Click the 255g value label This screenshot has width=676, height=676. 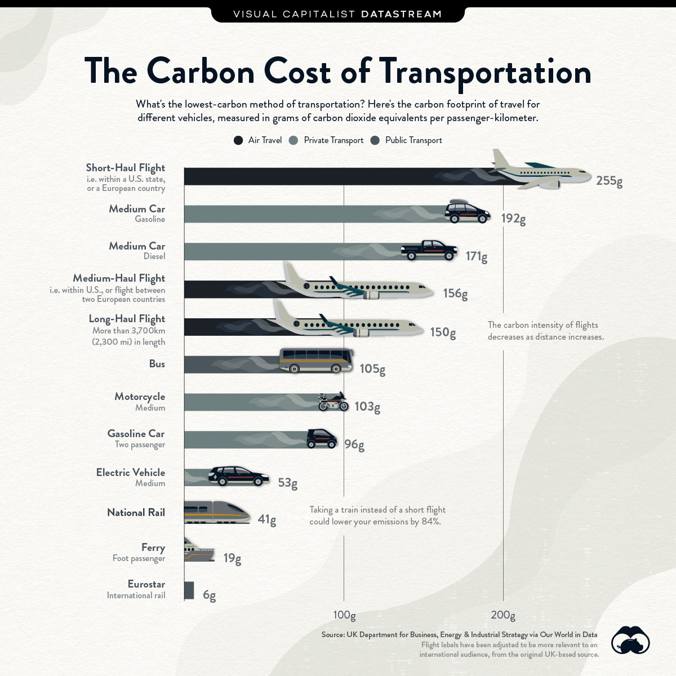[609, 181]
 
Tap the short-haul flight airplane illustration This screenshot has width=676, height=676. [538, 170]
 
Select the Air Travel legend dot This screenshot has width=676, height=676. [238, 140]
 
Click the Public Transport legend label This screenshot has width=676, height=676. [413, 140]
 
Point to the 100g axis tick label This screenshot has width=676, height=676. [344, 615]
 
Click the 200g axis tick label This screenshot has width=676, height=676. [503, 615]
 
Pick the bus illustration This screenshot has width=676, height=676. [316, 361]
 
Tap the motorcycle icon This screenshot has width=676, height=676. [333, 402]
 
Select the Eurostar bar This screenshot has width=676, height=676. [189, 590]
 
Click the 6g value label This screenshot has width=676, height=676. [209, 595]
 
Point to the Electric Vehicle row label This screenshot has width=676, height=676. [131, 473]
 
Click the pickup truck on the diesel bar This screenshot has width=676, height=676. [429, 250]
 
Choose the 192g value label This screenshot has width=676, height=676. [513, 219]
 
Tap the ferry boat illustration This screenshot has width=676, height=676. [199, 550]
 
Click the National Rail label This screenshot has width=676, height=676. [136, 513]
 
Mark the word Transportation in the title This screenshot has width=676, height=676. [485, 72]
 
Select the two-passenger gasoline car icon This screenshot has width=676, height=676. [322, 438]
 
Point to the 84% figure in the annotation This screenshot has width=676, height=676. [431, 522]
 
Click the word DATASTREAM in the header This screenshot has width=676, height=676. [401, 14]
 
